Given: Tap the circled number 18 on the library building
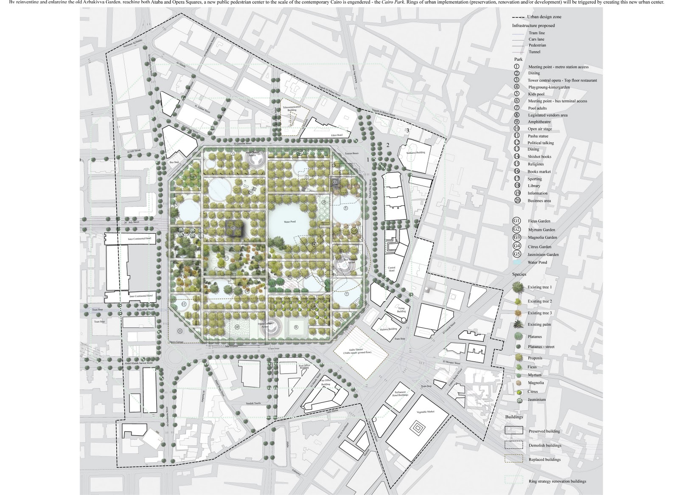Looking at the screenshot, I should point(233,228).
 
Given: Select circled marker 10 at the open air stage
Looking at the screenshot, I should point(237,326).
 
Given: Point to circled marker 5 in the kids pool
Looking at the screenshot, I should point(345,208).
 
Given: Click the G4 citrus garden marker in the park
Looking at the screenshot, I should point(314,306).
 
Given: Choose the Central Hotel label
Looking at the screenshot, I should point(391,269).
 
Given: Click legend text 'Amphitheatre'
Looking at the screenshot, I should point(539,122).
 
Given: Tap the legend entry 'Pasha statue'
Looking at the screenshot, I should point(538,136).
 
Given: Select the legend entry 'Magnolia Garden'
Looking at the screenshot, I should point(542,238).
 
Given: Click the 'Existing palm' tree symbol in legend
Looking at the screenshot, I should point(517,325).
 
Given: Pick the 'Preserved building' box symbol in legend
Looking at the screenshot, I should point(513,430).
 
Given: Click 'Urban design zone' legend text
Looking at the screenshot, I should point(544,17).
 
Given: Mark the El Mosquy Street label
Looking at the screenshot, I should point(451,363).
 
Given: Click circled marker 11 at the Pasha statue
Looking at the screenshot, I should point(180,331).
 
